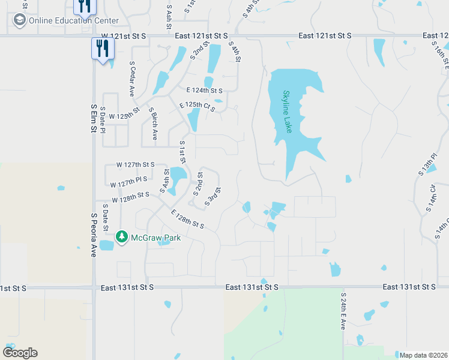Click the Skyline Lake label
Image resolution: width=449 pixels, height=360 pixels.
pos(287,112)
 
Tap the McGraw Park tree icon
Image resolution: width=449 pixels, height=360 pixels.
pos(122,237)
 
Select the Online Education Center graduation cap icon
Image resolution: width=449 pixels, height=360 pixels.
pos(19,20)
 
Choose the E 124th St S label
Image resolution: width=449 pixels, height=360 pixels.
pos(204,91)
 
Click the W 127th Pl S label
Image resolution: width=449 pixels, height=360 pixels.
pos(128,179)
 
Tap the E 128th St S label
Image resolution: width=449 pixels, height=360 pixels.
pos(188,219)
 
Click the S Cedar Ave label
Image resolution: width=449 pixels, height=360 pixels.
pos(132,78)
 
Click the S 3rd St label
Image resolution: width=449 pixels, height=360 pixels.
pos(213,197)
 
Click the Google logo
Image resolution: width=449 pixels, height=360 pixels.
pos(20,353)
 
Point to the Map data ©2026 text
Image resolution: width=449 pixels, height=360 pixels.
pos(423,355)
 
